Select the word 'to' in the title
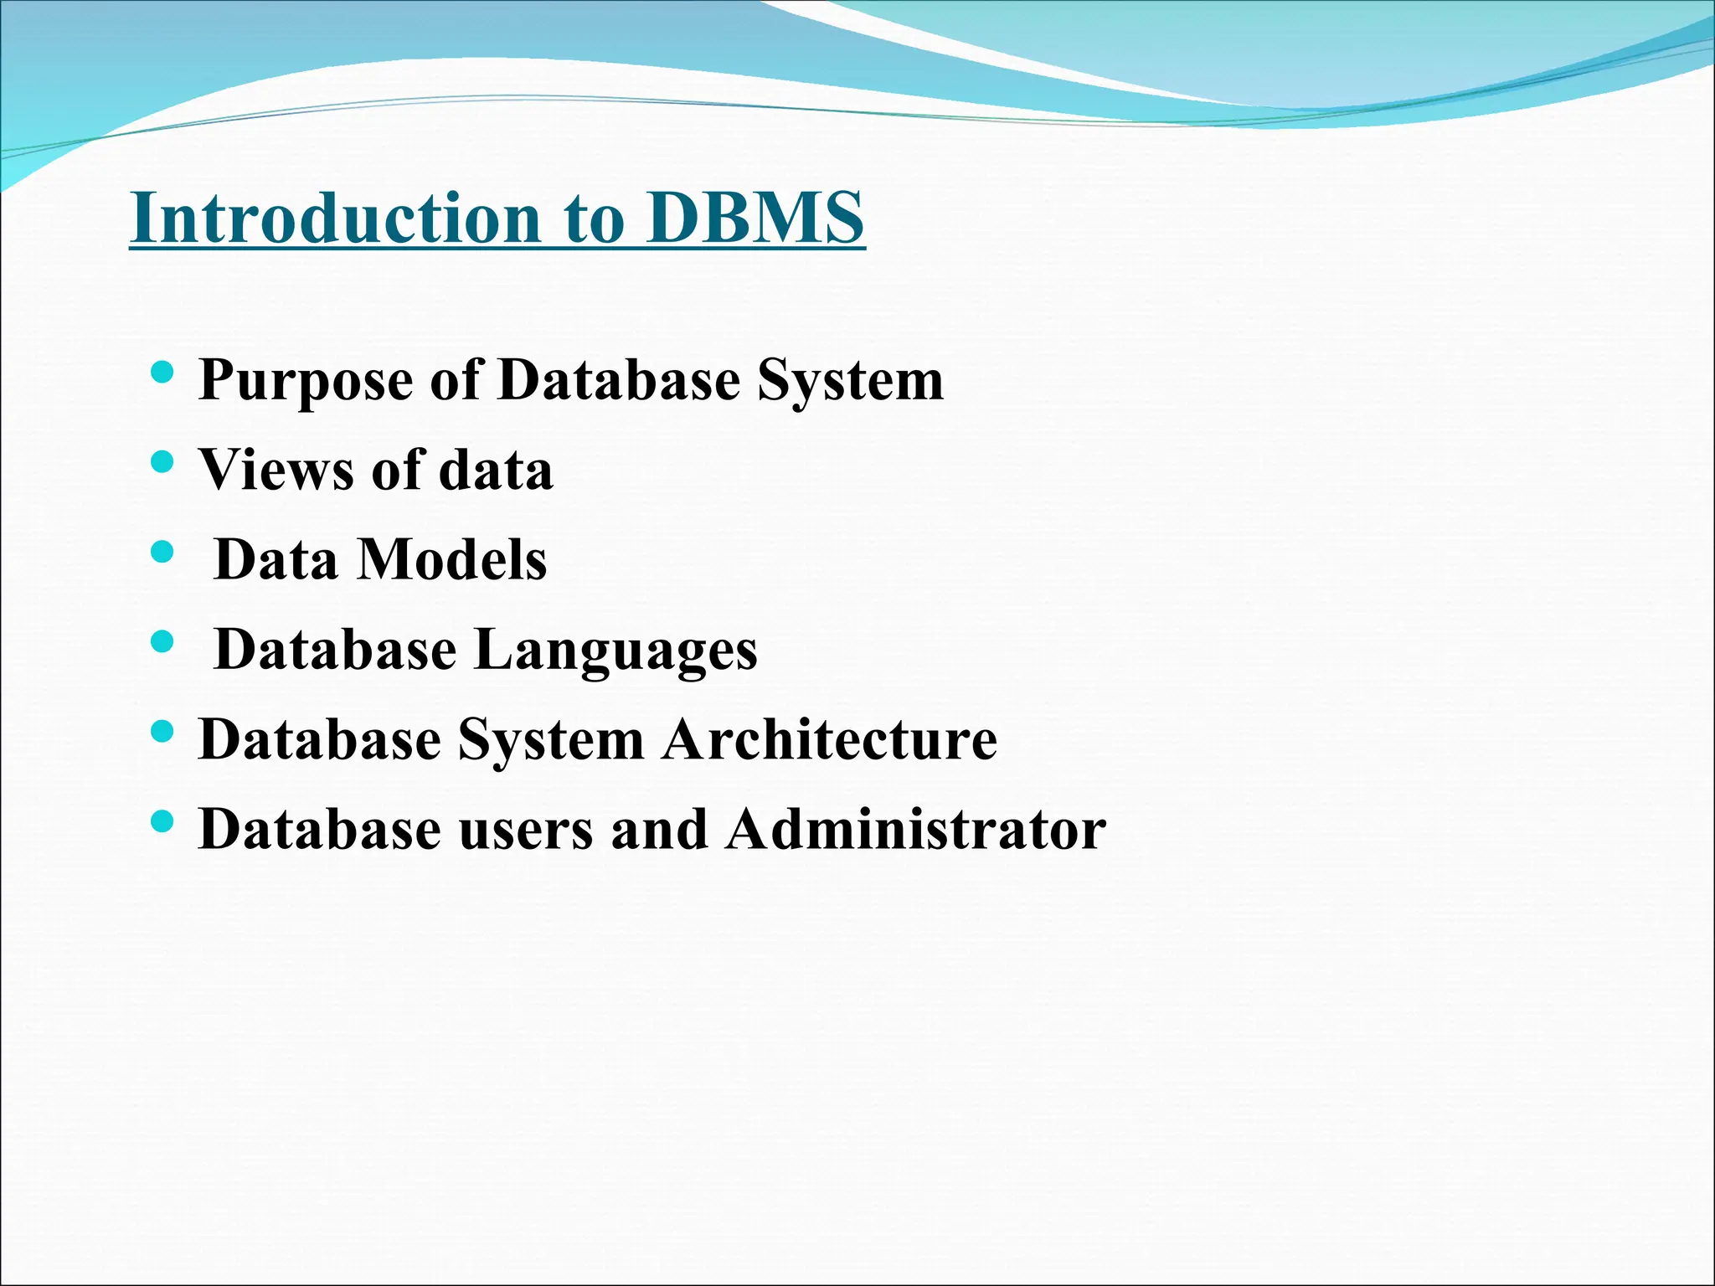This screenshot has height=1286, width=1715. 595,219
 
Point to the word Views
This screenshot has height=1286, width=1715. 276,470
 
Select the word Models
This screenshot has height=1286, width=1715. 452,559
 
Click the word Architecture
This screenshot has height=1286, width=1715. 830,739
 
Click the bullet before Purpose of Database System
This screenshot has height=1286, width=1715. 162,371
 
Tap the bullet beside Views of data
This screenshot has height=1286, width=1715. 162,461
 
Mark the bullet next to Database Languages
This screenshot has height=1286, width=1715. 162,641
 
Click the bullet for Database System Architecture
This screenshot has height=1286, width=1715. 162,732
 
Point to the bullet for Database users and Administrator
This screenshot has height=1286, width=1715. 162,821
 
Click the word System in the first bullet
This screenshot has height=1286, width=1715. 850,382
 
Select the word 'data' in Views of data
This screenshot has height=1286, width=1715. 496,470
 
